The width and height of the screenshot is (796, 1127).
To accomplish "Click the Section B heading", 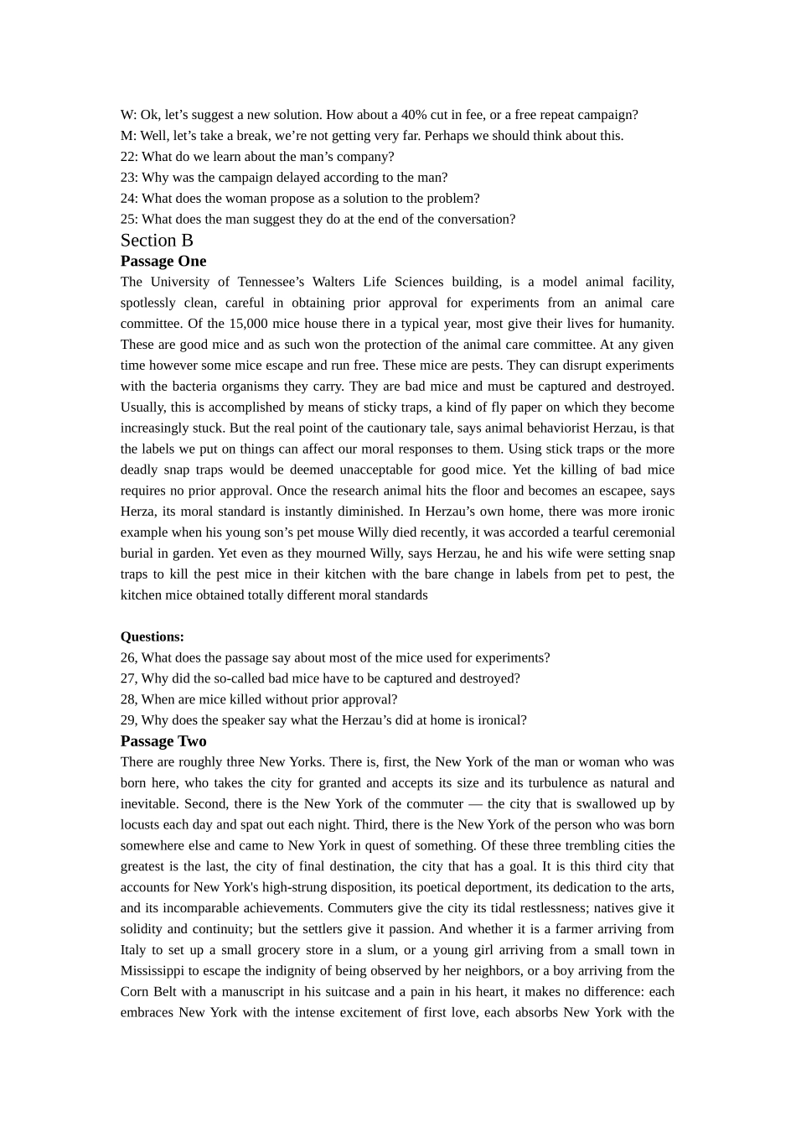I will point(157,241).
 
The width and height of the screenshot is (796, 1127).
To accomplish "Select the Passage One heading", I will point(163,262).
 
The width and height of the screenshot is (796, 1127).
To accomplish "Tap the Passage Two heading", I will point(163,741).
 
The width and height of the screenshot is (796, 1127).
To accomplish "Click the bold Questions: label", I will point(152,637).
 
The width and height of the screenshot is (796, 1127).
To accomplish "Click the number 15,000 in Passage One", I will point(248,324).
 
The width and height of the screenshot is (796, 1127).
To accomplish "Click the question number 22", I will point(128,157).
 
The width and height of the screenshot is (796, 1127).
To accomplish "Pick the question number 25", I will point(128,220).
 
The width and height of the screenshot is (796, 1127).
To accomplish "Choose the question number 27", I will point(128,678).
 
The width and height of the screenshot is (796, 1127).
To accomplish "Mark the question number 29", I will point(128,720).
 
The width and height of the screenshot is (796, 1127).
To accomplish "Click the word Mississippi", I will point(152,971).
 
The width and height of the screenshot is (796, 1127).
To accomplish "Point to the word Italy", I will point(135,950).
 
